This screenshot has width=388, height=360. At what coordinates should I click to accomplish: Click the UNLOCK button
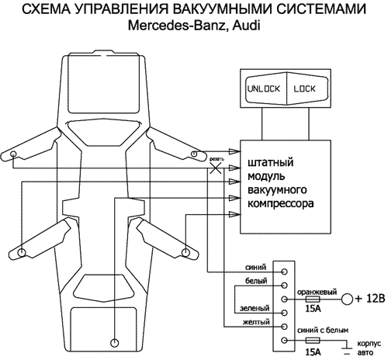(x=263, y=88)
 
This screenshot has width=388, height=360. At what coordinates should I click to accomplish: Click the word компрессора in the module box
(x=280, y=207)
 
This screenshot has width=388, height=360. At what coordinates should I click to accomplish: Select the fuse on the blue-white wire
(x=313, y=340)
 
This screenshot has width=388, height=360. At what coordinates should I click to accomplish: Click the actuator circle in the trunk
(x=114, y=342)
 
